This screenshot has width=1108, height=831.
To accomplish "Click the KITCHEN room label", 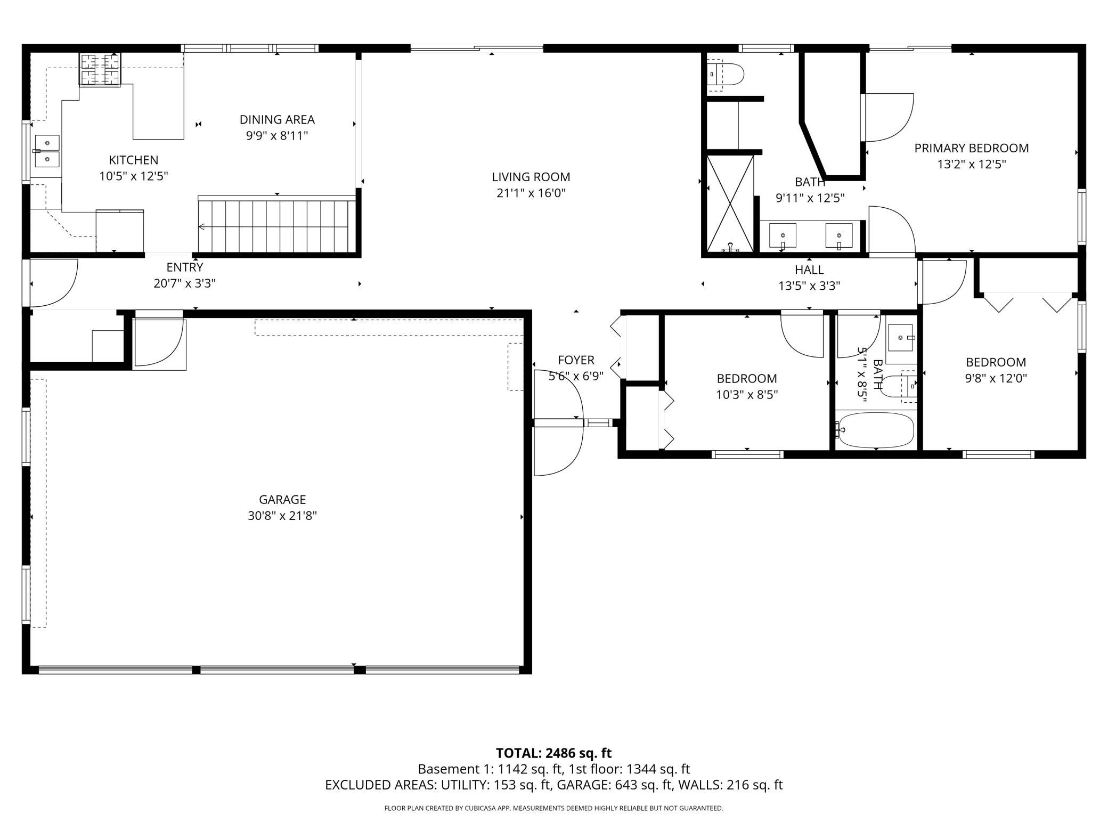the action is [133, 160].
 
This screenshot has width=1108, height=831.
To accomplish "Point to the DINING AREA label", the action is [277, 119].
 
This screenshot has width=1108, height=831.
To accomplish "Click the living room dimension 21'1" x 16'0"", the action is [531, 193].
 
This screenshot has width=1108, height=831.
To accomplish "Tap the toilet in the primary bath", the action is [725, 75].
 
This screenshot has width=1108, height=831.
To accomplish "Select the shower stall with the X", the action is [730, 203].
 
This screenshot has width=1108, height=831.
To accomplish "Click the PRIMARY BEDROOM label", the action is [972, 148].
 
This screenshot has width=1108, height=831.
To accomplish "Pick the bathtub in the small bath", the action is [875, 430].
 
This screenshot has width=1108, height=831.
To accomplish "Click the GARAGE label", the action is [282, 499].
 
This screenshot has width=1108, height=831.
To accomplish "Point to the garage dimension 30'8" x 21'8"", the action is [282, 516].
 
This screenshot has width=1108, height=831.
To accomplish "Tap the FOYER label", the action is [576, 360].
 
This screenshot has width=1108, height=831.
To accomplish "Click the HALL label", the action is [809, 270].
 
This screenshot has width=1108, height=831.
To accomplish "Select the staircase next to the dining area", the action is [277, 224].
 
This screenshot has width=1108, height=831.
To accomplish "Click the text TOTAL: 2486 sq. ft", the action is [553, 753].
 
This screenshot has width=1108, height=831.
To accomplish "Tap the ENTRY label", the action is [185, 267].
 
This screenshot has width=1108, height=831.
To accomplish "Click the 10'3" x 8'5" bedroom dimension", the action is [747, 395].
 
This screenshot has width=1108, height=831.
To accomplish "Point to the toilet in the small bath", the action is [899, 386].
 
